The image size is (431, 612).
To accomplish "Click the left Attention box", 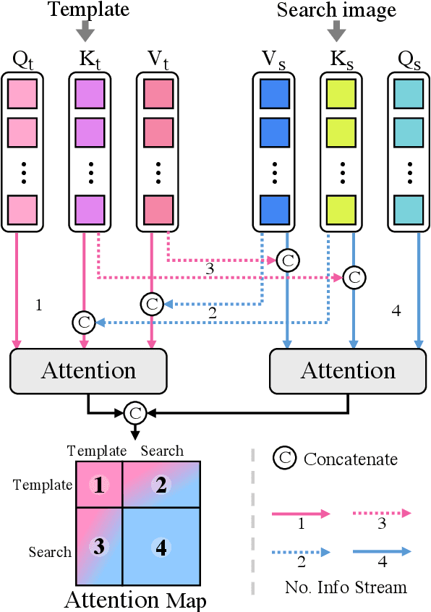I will [x=88, y=371].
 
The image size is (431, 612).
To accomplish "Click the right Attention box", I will [x=348, y=371].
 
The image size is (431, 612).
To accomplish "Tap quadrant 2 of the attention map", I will [x=161, y=485].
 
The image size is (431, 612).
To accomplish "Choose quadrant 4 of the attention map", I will [x=161, y=547].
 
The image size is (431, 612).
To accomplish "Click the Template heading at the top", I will [x=88, y=9].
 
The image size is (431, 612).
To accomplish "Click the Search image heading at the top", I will [x=336, y=9].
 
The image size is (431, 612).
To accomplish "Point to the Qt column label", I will [x=23, y=57].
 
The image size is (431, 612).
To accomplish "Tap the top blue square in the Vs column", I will [x=275, y=93].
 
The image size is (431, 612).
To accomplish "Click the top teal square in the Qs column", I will [x=409, y=93].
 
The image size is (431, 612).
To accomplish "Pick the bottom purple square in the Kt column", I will [x=91, y=210].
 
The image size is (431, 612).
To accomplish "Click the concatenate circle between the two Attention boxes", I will [x=135, y=413].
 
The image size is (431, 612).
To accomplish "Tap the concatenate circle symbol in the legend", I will [x=284, y=459].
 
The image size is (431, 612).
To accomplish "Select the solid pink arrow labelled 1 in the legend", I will [x=301, y=513].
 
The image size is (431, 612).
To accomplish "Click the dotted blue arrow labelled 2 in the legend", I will [x=301, y=551].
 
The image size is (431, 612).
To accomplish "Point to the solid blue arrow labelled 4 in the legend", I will [x=382, y=551].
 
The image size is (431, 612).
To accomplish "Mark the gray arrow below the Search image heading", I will [x=336, y=31].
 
